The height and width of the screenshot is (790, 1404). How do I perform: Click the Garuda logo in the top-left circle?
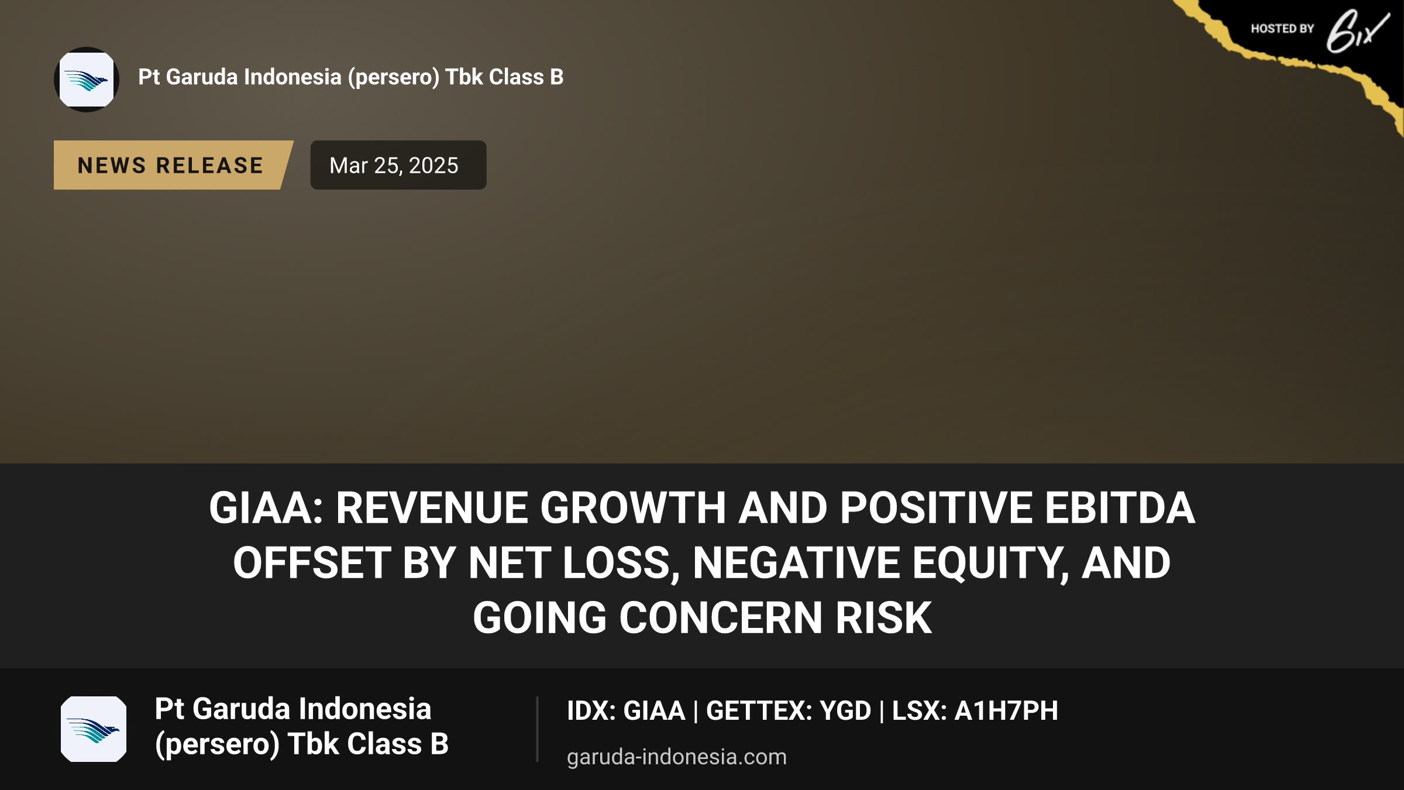coord(87,80)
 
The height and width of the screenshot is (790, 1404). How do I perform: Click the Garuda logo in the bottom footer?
coord(94,729)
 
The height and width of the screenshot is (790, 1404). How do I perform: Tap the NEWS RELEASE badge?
coord(170,165)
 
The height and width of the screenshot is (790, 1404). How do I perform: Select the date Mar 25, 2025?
coord(394,166)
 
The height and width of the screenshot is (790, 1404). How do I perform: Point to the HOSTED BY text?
coord(1282,29)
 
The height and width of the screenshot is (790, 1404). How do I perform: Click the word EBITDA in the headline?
coord(1120,508)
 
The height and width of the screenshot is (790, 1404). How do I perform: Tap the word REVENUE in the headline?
coord(432,508)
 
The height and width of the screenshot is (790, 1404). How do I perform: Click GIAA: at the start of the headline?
coord(266,508)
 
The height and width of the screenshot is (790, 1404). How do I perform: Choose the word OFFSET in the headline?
coord(311,563)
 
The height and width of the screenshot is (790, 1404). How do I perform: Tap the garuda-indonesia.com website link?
coord(677,757)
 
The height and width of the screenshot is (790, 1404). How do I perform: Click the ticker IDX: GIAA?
coord(626,710)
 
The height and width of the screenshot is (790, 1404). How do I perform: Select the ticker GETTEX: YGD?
coord(789,710)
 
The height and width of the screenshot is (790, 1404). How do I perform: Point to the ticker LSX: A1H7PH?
coord(975,710)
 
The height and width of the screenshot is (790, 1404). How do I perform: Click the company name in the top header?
coord(351,77)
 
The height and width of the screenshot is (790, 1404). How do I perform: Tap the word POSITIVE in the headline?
coord(936,508)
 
